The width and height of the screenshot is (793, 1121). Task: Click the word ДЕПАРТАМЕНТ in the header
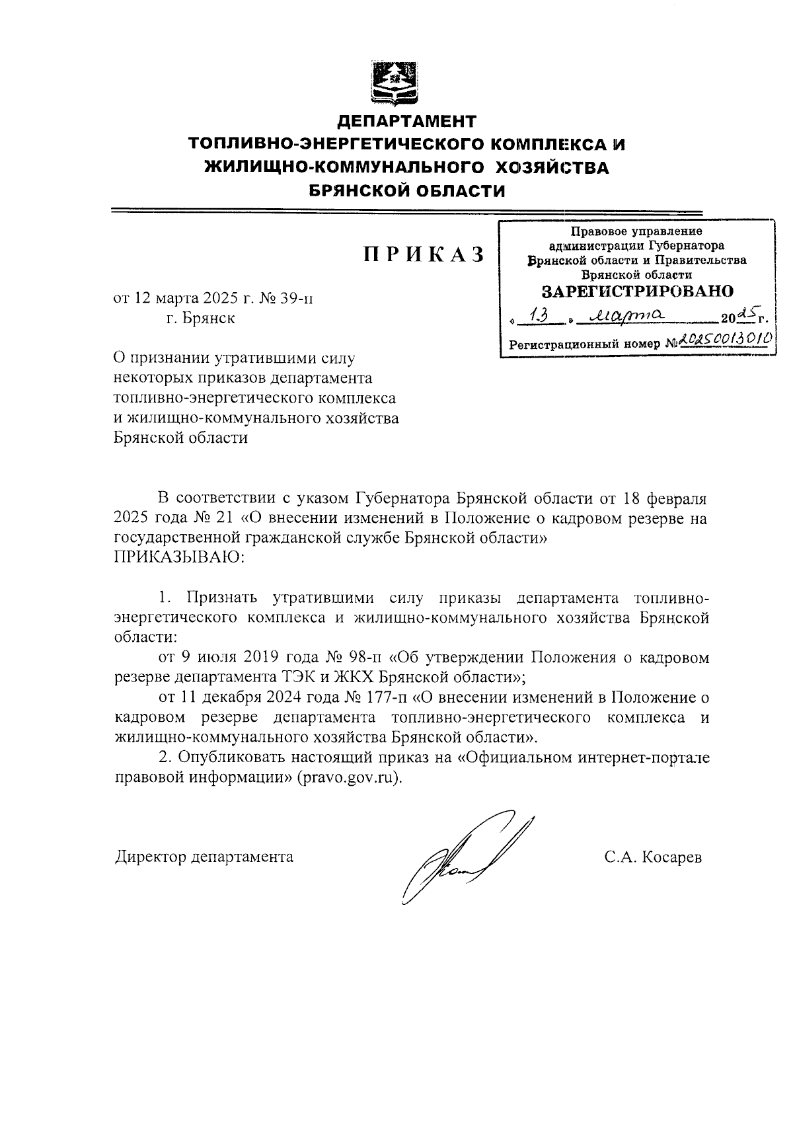coord(406,122)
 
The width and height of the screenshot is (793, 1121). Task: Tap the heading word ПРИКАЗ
coord(423,255)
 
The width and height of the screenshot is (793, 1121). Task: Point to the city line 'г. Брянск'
coord(200,318)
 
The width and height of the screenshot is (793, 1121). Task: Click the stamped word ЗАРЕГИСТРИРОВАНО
coord(638,291)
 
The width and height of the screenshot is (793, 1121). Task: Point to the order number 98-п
coord(363,658)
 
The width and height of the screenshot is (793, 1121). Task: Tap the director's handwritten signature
coord(463,859)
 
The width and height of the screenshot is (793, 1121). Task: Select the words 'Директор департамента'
coord(204,857)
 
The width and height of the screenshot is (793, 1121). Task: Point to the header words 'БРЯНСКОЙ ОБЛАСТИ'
coord(407,192)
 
